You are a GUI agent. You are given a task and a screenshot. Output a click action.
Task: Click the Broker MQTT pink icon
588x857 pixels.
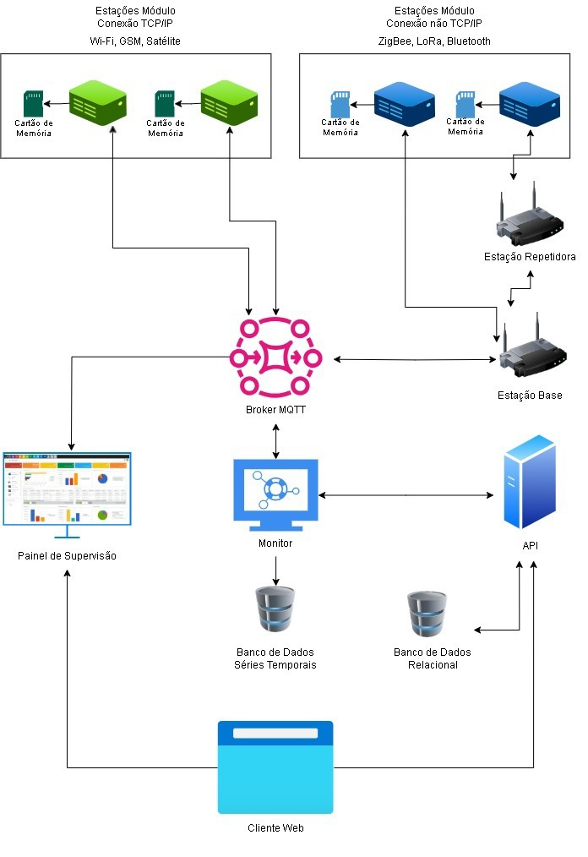[275, 358]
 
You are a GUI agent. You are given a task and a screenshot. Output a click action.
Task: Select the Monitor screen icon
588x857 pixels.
[275, 494]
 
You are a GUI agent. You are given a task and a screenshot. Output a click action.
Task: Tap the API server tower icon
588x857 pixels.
[530, 482]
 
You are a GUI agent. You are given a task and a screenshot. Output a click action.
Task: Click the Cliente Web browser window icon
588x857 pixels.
[275, 767]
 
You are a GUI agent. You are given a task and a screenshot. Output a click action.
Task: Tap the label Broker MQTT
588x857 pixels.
[275, 410]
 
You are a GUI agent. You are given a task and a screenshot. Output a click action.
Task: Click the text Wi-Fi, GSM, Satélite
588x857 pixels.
[135, 41]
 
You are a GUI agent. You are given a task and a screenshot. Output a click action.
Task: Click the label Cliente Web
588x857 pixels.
[275, 828]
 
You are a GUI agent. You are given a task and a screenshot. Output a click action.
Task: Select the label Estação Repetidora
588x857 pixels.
[530, 257]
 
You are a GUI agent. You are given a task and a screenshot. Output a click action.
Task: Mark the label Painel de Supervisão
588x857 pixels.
[67, 556]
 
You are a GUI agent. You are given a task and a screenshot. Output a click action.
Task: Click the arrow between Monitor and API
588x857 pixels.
[406, 494]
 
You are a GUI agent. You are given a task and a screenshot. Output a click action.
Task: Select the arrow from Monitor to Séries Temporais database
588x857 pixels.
[275, 571]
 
